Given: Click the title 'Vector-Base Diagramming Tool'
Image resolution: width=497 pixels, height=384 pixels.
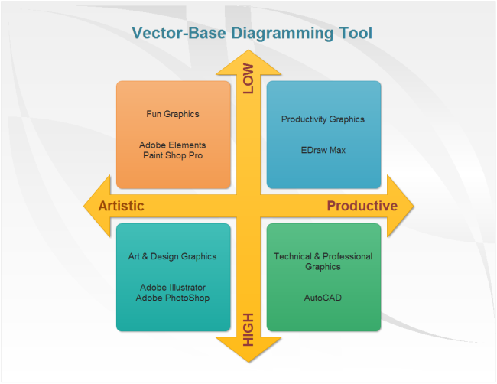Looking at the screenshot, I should pyautogui.click(x=252, y=33).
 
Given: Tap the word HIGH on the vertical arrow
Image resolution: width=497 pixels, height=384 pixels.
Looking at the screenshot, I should pyautogui.click(x=248, y=330).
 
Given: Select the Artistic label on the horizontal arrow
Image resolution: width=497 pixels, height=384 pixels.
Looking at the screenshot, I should pyautogui.click(x=121, y=206).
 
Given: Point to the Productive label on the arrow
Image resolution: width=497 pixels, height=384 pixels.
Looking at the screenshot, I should pyautogui.click(x=362, y=206).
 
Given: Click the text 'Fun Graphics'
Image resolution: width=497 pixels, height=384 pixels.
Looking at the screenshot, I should pyautogui.click(x=173, y=114).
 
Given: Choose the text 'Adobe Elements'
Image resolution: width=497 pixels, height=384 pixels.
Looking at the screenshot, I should pyautogui.click(x=173, y=145).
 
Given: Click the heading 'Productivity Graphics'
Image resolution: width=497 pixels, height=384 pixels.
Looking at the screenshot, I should pyautogui.click(x=323, y=119).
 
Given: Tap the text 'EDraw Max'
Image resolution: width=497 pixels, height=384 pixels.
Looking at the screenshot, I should pyautogui.click(x=323, y=150).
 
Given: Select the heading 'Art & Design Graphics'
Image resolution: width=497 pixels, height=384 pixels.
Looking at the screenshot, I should pyautogui.click(x=173, y=257).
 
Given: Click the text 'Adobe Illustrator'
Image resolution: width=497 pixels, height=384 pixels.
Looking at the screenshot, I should pyautogui.click(x=173, y=288).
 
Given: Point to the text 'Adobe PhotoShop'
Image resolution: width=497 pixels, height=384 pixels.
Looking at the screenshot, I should pyautogui.click(x=173, y=298).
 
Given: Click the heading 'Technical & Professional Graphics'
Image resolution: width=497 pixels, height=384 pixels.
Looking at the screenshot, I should pyautogui.click(x=323, y=262).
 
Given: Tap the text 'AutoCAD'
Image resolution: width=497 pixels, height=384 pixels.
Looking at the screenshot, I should pyautogui.click(x=323, y=298).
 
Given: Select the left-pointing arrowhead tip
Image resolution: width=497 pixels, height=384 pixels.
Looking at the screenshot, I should pyautogui.click(x=83, y=206).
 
